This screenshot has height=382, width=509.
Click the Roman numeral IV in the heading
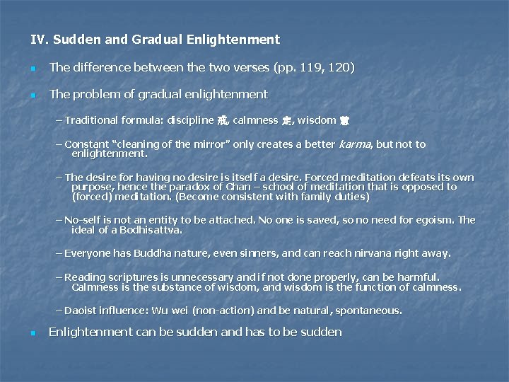coord(37,40)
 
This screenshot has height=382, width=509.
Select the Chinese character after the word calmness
coord(286,120)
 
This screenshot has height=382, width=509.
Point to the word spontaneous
coord(368,311)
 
